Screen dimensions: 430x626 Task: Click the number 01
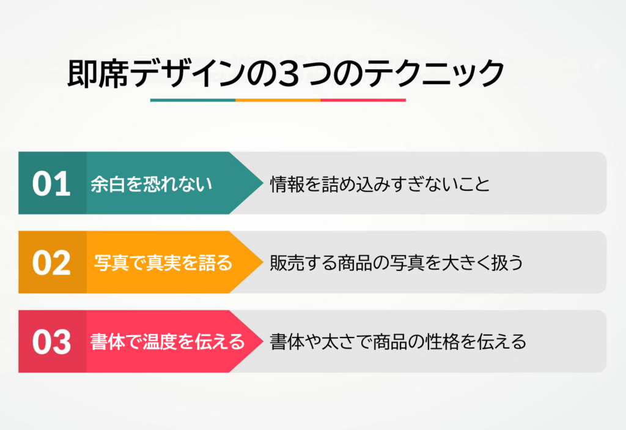click(51, 183)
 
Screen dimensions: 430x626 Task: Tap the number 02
click(51, 262)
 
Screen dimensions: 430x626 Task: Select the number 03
click(51, 341)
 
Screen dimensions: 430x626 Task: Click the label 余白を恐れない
click(152, 183)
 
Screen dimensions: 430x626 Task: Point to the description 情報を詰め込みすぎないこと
click(380, 183)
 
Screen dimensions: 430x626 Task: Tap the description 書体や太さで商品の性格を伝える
click(398, 341)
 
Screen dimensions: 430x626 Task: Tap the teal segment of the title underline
click(193, 100)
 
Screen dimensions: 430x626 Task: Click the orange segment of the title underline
click(278, 100)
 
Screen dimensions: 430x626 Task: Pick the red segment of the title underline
click(363, 100)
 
